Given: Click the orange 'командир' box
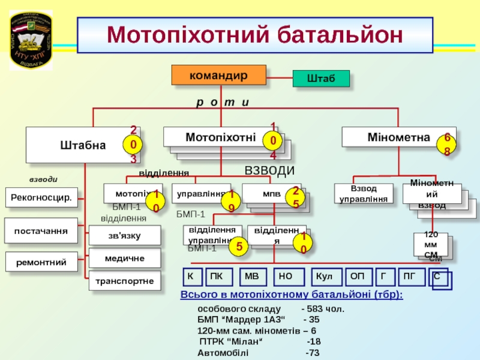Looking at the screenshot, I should pos(218,75).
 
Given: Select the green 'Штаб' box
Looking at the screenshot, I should pos(321,79).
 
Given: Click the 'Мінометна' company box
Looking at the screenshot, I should pos(398,137).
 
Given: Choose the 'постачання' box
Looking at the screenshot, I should pos(41,230).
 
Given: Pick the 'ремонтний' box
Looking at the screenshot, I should pos(41,262).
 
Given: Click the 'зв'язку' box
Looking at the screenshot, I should pos(125,236).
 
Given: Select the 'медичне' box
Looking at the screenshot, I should pos(125,258).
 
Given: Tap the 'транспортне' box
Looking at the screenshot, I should pos(125,280).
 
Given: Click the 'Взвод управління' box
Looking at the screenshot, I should pos(364,194).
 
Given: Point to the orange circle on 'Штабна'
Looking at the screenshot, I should pos(133,145).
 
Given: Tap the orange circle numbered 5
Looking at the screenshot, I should pos(239,245).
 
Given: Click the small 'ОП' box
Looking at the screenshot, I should pos(358,277).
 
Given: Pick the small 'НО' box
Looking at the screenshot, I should pos(286,277).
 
